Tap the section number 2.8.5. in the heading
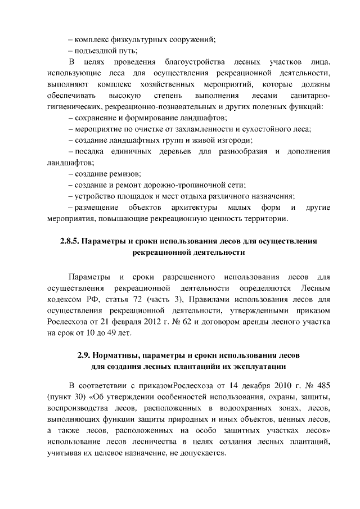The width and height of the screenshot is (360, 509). coord(70,241)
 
